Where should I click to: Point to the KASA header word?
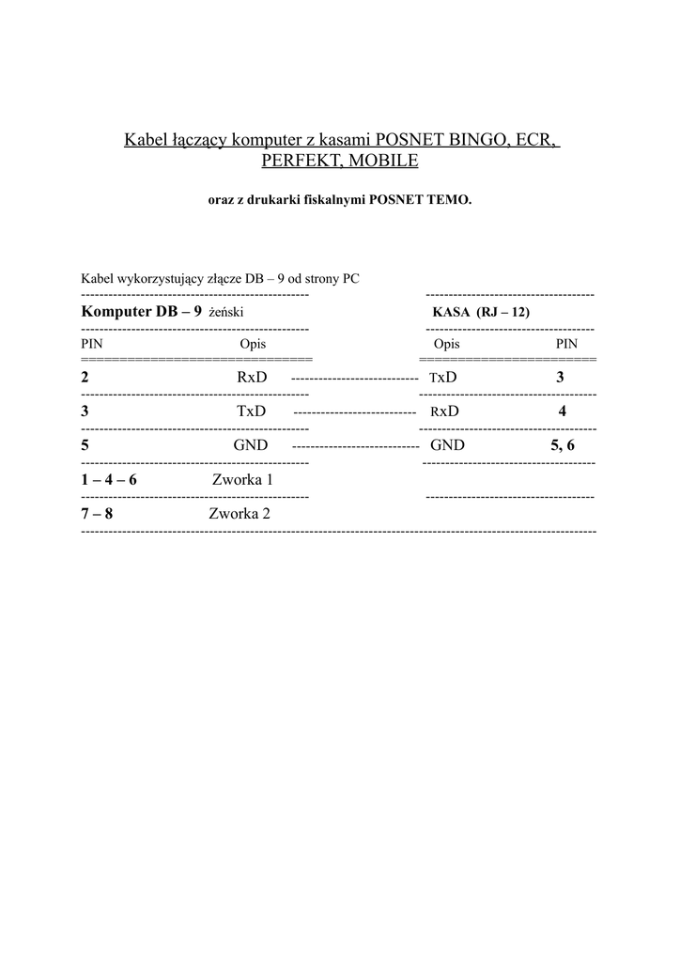click(451, 312)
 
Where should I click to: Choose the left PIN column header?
click(91, 345)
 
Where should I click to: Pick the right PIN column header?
click(566, 345)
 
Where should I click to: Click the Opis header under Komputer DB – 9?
click(253, 345)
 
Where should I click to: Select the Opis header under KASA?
click(447, 345)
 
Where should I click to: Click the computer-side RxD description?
click(252, 378)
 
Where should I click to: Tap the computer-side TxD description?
click(252, 411)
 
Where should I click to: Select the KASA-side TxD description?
click(442, 378)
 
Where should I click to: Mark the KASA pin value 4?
click(562, 411)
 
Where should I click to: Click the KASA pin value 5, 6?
click(562, 445)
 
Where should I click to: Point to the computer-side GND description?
click(250, 445)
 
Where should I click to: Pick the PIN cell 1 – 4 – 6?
click(109, 479)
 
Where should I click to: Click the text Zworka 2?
click(240, 514)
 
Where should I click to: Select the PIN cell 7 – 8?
click(97, 514)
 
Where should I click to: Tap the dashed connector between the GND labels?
click(355, 446)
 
